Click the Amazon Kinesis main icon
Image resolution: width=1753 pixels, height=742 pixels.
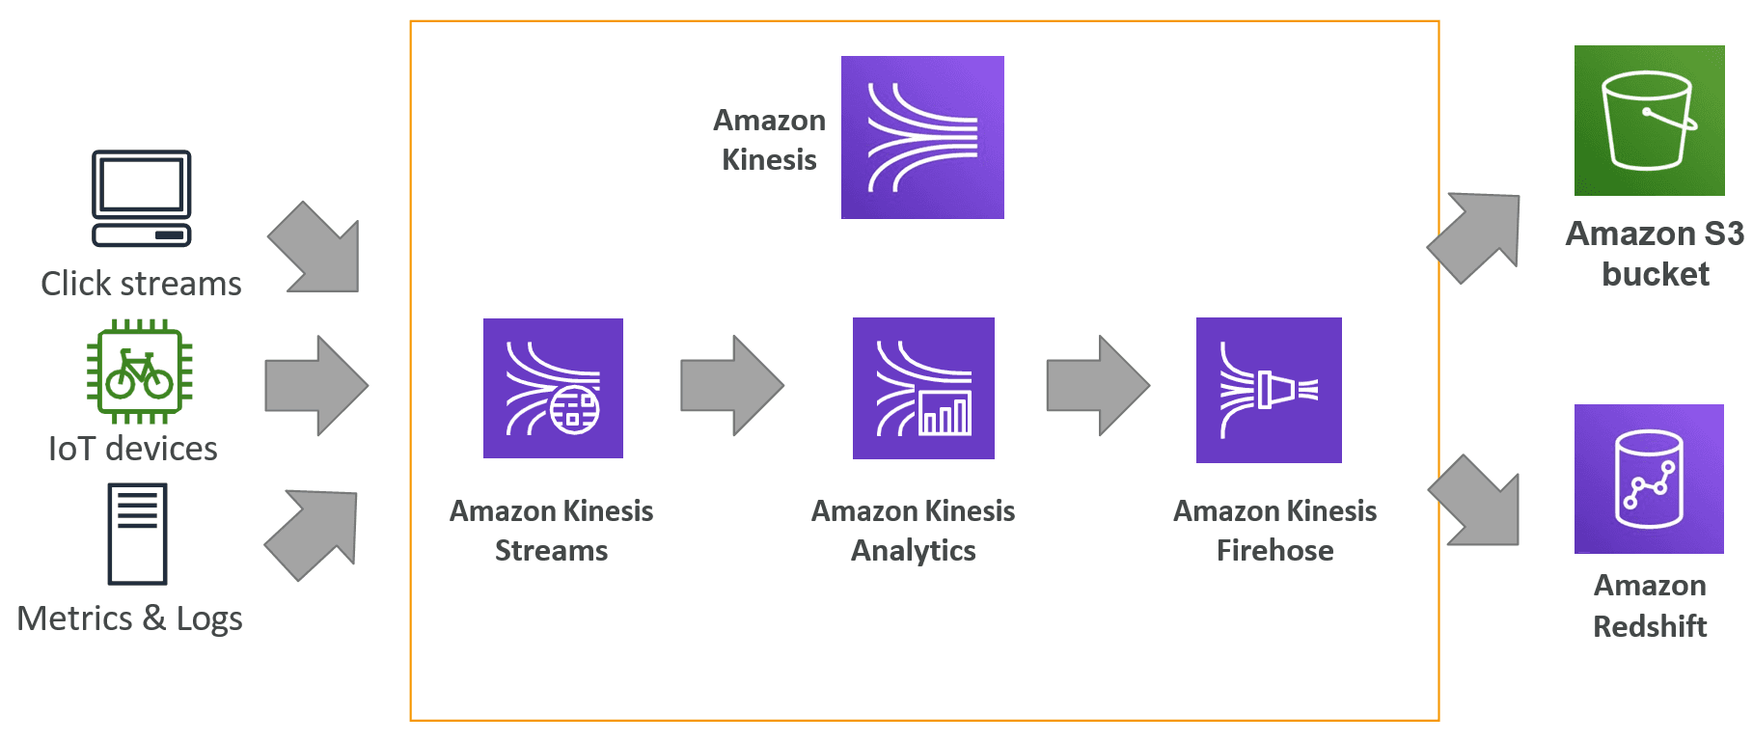922,137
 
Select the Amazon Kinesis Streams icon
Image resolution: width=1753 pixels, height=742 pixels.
553,388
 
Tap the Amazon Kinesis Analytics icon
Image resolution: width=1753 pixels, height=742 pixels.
923,388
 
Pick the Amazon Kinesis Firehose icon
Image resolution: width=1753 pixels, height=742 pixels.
1269,390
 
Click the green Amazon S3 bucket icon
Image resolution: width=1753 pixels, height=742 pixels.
1650,121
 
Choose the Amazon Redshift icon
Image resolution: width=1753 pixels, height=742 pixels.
1649,479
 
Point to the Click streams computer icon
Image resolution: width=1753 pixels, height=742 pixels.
142,198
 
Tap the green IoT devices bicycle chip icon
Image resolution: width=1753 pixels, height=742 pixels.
140,372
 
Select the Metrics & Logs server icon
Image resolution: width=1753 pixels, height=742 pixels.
137,534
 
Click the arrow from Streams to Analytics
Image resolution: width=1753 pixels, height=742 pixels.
732,385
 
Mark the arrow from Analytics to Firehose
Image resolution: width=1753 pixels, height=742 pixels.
1098,385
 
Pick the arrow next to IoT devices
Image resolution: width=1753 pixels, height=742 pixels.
316,385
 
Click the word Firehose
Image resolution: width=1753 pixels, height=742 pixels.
1274,550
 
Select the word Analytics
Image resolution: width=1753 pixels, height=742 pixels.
914,551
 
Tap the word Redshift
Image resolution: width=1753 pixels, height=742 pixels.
1650,626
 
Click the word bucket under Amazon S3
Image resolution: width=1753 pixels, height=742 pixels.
1656,274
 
